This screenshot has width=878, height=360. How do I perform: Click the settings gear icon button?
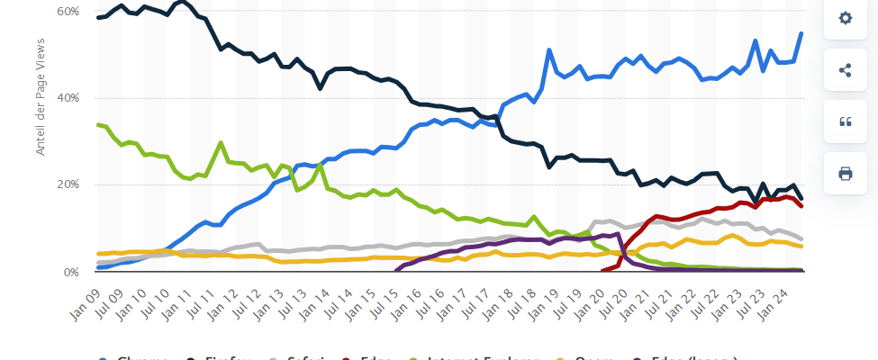pos(845,18)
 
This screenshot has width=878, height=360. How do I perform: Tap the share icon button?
pos(845,70)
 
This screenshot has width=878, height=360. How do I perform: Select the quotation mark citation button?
pos(845,122)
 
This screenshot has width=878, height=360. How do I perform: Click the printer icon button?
pos(845,174)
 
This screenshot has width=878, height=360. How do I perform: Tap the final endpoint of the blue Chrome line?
pos(801,33)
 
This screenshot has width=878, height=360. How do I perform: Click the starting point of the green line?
pos(97,124)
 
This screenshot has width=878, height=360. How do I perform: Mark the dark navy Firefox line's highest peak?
pos(182,2)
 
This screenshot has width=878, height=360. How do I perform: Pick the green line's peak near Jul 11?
pos(221,142)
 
